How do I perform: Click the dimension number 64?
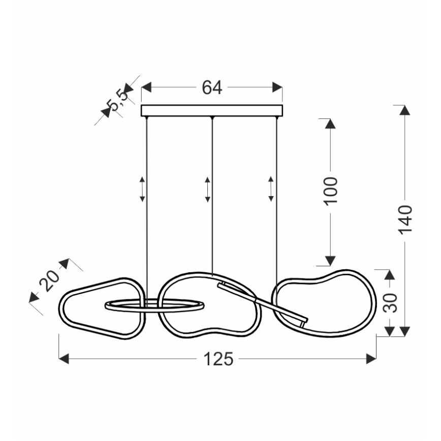(x=212, y=87)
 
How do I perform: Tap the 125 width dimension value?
(x=218, y=359)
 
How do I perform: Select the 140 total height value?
(x=405, y=219)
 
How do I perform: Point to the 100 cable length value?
(x=330, y=191)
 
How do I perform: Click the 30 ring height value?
(x=390, y=303)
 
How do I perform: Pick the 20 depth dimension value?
(x=49, y=280)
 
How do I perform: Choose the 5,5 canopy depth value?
(x=118, y=100)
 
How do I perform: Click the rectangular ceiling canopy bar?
(x=212, y=111)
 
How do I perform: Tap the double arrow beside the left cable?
(x=142, y=190)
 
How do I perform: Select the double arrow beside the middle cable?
(x=208, y=190)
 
